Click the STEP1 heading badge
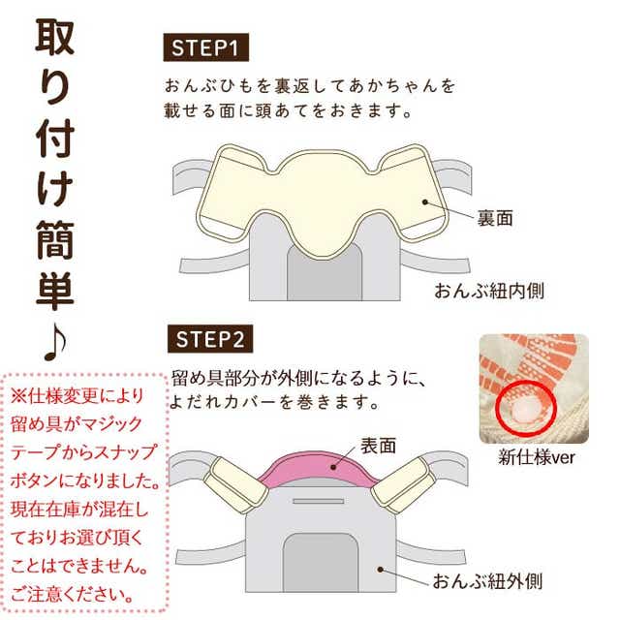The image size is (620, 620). [x=206, y=47]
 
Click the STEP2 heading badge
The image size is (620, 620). [x=210, y=339]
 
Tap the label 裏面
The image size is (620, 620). [x=495, y=218]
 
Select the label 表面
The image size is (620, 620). [x=379, y=446]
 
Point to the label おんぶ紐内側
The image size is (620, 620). [x=489, y=291]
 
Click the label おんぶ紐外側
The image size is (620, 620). [x=487, y=581]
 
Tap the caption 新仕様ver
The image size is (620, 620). [x=537, y=457]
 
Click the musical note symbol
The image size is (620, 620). [x=55, y=343]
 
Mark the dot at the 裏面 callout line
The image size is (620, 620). [x=425, y=202]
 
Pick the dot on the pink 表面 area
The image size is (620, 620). [x=333, y=467]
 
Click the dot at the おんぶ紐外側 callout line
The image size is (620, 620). [x=381, y=570]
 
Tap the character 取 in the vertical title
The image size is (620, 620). [x=55, y=36]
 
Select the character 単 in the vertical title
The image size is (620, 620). [x=55, y=291]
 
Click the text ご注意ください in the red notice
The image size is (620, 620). [x=72, y=594]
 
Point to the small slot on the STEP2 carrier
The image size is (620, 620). [x=319, y=502]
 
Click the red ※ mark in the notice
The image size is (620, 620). [x=18, y=395]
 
